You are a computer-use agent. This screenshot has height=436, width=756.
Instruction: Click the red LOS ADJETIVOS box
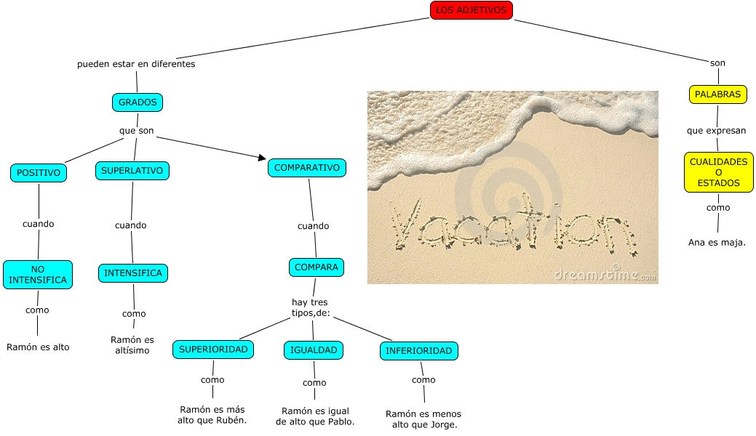(471, 10)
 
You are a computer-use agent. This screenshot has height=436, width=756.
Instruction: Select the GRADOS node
(138, 102)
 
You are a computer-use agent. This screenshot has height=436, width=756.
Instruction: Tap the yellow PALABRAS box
(717, 94)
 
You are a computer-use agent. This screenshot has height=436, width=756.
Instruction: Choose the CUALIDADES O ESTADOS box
(718, 172)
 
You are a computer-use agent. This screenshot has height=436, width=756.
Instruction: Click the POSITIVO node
(39, 173)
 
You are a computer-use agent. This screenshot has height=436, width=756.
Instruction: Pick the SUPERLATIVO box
(132, 171)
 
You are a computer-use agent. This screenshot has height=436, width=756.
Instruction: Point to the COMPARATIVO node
(307, 168)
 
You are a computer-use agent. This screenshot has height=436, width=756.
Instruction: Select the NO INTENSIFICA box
(38, 275)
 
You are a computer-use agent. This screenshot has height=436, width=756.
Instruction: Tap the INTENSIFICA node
(133, 273)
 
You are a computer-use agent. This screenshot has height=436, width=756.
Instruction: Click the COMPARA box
(317, 267)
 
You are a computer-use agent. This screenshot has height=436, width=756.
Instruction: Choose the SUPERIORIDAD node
(213, 350)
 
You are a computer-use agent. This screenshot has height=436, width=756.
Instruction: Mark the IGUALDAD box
(314, 350)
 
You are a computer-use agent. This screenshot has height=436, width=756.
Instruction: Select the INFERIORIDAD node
(418, 351)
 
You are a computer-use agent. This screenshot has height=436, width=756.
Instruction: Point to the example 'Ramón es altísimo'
(132, 345)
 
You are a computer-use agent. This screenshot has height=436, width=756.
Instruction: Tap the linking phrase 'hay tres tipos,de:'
(311, 307)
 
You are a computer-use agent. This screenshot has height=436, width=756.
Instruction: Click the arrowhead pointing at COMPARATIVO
(262, 157)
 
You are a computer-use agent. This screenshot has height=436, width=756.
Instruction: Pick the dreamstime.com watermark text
(604, 275)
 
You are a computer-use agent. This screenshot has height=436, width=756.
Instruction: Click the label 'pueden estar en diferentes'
(136, 64)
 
